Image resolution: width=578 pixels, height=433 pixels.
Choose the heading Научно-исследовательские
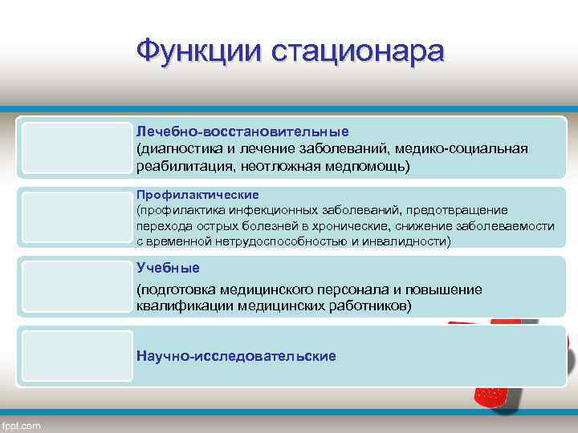[x=236, y=355]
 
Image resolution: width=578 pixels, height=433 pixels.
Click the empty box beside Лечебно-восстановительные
[x=77, y=148]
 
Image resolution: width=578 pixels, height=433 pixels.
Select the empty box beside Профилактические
[x=77, y=218]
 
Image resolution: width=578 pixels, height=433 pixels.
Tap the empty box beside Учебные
[x=77, y=288]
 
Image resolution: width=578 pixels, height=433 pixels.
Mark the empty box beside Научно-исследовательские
[x=77, y=355]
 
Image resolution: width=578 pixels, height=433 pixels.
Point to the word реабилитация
[x=177, y=166]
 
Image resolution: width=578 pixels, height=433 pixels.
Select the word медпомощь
[x=373, y=166]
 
